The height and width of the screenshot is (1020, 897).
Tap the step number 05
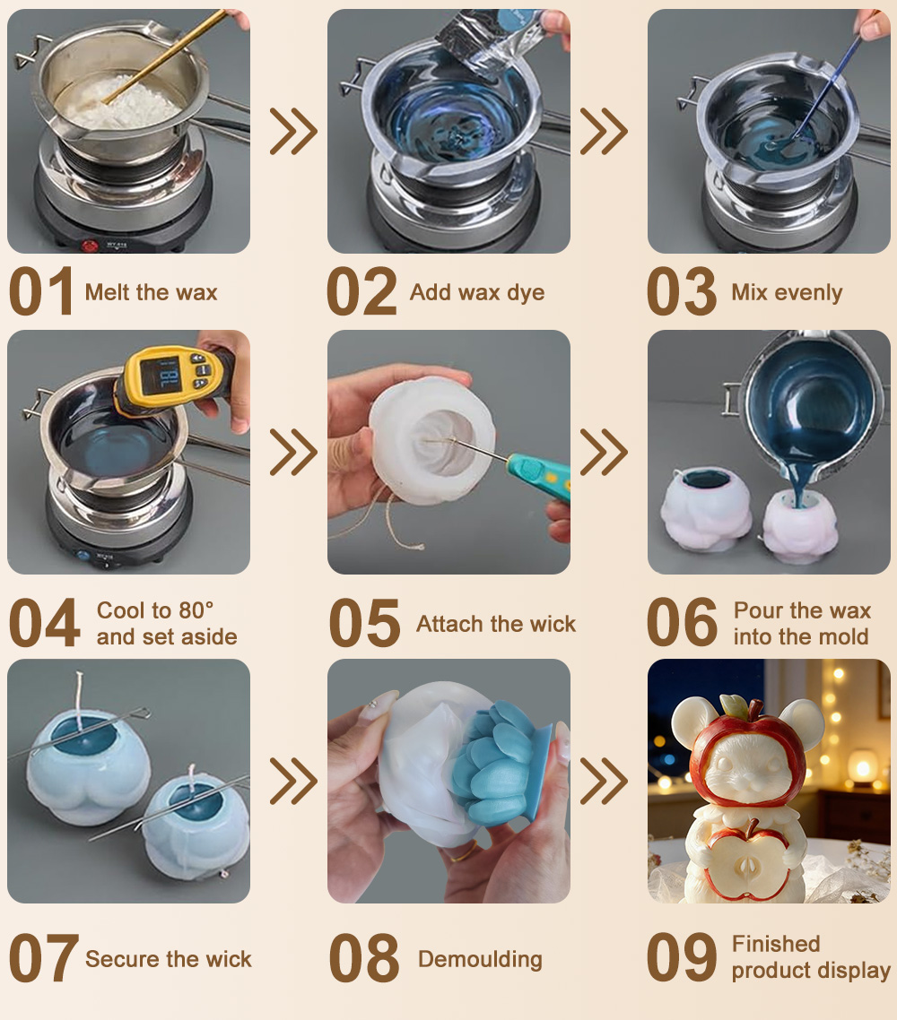click(364, 623)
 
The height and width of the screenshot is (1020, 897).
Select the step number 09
click(682, 957)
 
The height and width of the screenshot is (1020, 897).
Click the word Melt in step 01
click(107, 292)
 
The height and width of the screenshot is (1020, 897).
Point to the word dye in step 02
click(526, 293)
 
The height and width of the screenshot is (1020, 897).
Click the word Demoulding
click(480, 960)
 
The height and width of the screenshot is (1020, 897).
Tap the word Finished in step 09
click(776, 944)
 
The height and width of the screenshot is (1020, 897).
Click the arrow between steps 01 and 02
click(293, 132)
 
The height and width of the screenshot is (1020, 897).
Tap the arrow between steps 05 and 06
click(604, 452)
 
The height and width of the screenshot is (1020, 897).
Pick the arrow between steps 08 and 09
click(604, 781)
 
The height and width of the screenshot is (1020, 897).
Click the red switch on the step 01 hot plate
click(89, 246)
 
